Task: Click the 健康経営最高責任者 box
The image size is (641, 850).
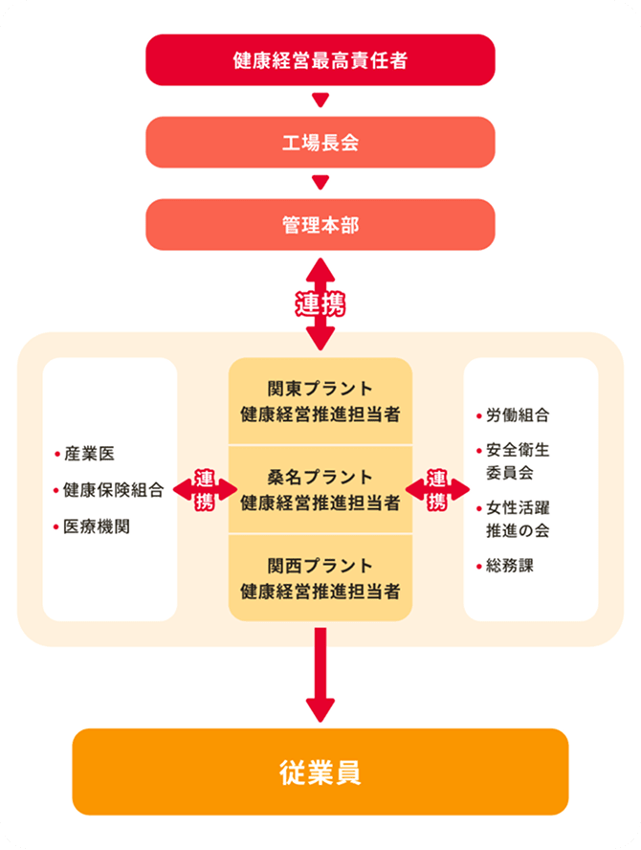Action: tap(320, 60)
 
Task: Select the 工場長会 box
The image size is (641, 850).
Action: tap(320, 143)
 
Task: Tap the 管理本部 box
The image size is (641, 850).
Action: tap(320, 225)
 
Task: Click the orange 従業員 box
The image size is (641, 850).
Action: tap(320, 772)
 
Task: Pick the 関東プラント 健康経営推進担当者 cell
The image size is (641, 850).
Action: tap(320, 401)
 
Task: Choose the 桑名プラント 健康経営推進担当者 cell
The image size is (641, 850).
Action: tap(320, 489)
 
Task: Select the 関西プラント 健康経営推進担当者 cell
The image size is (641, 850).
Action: tap(320, 577)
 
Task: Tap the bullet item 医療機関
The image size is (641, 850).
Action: tap(97, 526)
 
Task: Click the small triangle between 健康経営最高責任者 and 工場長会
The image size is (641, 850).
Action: tap(320, 101)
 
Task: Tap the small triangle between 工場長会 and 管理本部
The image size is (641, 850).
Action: tap(320, 183)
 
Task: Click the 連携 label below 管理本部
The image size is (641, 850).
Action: tap(320, 305)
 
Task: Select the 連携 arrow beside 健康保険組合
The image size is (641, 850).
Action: tap(205, 489)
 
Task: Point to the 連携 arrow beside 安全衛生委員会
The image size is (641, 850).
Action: tap(437, 489)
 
